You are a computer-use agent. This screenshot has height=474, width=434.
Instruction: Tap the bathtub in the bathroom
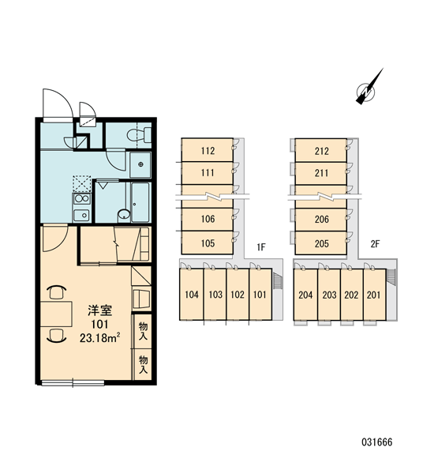coord(140,202)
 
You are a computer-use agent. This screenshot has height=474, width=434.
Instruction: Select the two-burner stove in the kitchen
coord(81,199)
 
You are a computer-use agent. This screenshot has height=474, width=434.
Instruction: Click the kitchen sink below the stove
coord(81,215)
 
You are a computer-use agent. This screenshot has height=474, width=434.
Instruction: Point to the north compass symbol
coord(369,87)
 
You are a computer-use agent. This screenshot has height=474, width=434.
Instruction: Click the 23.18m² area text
coord(100,337)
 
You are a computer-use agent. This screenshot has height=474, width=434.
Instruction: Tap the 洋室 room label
coord(99,310)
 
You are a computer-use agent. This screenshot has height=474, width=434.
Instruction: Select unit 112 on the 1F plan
coord(208,150)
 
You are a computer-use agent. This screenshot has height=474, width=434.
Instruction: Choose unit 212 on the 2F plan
coord(321,151)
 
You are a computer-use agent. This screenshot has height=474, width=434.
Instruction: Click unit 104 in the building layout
coord(192,294)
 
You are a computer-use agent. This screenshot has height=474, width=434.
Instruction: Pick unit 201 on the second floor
coord(373,295)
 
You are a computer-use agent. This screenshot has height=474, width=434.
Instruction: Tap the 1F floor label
coord(261,247)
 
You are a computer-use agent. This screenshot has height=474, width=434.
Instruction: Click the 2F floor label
coord(375,244)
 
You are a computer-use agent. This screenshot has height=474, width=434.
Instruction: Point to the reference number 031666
coord(377,442)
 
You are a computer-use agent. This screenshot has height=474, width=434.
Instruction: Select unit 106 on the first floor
coord(208,219)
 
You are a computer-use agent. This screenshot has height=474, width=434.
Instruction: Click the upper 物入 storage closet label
coord(143,331)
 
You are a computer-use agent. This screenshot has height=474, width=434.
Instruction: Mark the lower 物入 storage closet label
coord(143,364)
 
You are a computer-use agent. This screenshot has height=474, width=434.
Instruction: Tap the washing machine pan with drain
coord(140,165)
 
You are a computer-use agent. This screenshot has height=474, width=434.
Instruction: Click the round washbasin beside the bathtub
coord(124,214)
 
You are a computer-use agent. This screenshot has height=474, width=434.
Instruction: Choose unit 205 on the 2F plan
coord(321,243)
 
